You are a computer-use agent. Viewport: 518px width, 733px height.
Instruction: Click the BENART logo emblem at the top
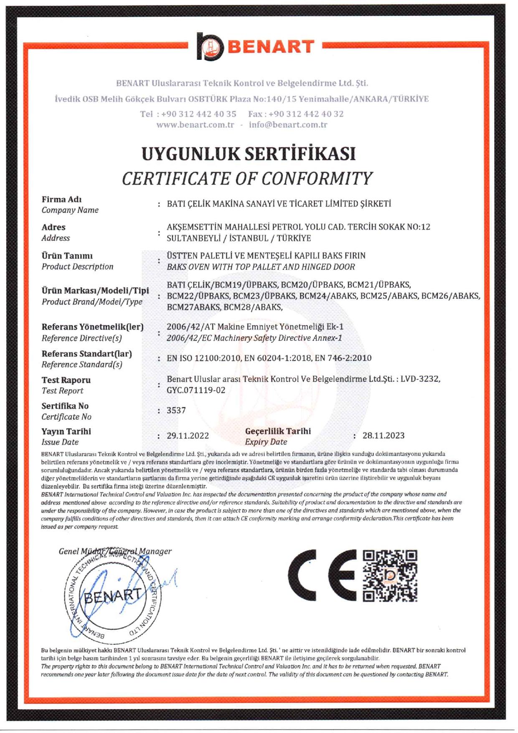(x=211, y=46)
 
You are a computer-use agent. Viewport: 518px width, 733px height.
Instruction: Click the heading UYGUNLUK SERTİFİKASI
(x=249, y=154)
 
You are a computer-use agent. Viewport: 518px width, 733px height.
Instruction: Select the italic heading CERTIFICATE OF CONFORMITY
(x=247, y=179)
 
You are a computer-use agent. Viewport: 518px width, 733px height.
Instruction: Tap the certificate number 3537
(x=176, y=410)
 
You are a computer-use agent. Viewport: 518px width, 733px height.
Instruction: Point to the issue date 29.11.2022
(x=188, y=436)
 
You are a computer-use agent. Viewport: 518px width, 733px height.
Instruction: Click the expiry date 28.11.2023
(x=383, y=435)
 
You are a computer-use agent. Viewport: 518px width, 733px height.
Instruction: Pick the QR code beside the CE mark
(x=390, y=576)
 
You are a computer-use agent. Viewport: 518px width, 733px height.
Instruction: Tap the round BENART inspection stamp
(x=113, y=595)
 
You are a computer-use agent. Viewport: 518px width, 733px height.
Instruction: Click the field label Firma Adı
(x=61, y=199)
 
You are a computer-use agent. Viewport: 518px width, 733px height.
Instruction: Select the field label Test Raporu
(x=66, y=380)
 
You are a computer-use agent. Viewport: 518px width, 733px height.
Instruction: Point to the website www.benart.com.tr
(x=195, y=125)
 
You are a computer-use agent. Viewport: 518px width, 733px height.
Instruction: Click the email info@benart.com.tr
(x=288, y=125)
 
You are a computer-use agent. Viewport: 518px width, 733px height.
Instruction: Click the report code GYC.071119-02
(x=196, y=390)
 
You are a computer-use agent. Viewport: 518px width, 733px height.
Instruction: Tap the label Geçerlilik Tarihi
(x=278, y=431)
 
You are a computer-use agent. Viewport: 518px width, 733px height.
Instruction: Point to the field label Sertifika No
(x=65, y=406)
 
